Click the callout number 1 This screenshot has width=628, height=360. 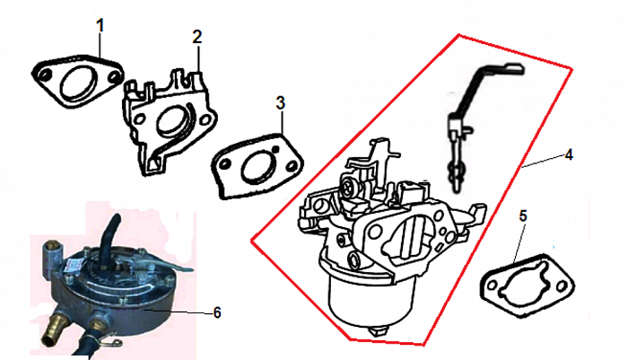pyautogui.click(x=100, y=26)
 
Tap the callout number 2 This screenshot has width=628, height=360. pyautogui.click(x=197, y=37)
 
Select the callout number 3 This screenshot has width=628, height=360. pyautogui.click(x=281, y=102)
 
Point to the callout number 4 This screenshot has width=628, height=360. pyautogui.click(x=569, y=154)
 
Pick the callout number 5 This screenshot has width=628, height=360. pyautogui.click(x=523, y=215)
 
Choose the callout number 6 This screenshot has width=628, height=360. pyautogui.click(x=217, y=312)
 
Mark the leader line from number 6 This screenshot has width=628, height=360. pyautogui.click(x=179, y=312)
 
